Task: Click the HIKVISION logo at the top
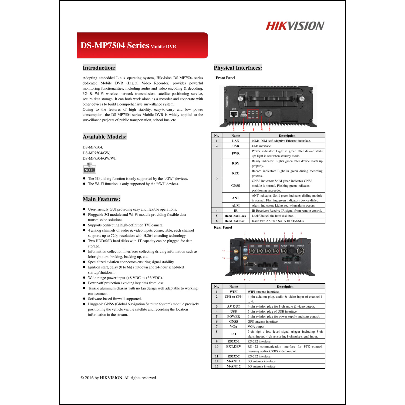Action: [295, 26]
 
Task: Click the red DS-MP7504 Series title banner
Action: [142, 45]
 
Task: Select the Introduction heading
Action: [99, 68]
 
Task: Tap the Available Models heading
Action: [104, 137]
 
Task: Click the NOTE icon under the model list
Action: [89, 168]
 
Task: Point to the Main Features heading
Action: [101, 199]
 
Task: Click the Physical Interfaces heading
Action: [238, 68]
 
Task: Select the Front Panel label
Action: [225, 78]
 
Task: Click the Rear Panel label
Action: [223, 227]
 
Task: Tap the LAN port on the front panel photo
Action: [234, 114]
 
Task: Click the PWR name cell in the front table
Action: [235, 153]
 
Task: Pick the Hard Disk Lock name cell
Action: [235, 216]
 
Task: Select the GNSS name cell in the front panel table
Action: [235, 185]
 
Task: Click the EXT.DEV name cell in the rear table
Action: [234, 346]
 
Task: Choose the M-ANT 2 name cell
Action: [234, 366]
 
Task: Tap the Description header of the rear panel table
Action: [285, 286]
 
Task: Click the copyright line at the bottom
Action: [119, 378]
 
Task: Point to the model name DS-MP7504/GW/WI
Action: [99, 158]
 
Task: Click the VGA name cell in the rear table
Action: [234, 326]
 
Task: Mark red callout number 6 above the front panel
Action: [271, 83]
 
